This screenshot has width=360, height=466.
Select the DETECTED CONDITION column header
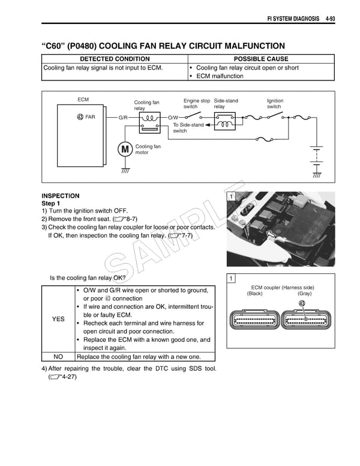tap(115, 59)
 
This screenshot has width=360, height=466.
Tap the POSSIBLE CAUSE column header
tap(260, 59)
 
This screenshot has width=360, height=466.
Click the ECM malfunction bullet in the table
tap(220, 76)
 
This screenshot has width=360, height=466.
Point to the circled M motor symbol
tap(125, 150)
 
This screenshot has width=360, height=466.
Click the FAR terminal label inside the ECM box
tap(86, 116)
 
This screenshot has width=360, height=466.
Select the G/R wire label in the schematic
tap(123, 117)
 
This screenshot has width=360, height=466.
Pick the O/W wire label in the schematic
tap(173, 117)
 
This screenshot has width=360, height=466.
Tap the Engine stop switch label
tap(196, 103)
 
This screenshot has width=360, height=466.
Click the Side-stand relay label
tap(226, 103)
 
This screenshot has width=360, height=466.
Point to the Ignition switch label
tap(275, 103)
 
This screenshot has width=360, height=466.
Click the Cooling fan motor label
tap(148, 150)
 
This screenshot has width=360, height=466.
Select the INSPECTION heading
tap(60, 196)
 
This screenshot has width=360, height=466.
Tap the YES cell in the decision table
tap(58, 319)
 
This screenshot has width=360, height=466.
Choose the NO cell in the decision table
tap(58, 356)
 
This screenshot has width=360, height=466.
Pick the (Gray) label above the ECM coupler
tap(304, 294)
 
